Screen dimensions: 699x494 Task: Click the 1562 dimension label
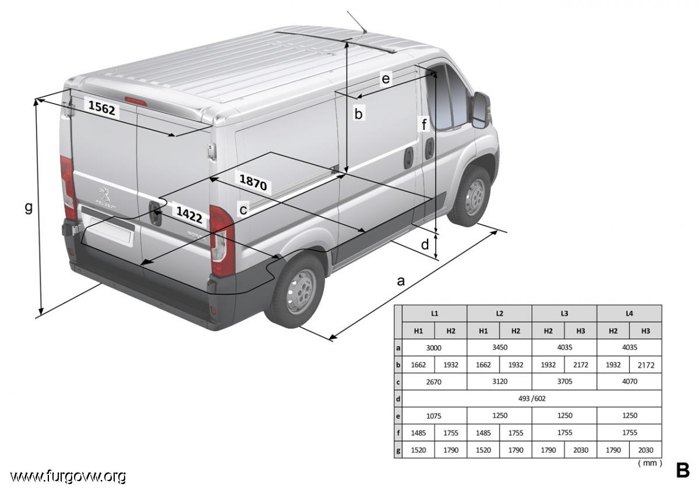102,107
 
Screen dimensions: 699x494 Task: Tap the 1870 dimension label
253,182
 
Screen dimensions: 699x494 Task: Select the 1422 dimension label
189,214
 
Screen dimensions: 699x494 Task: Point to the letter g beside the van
29,207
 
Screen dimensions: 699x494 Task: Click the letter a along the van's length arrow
401,281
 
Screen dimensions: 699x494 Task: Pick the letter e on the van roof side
386,79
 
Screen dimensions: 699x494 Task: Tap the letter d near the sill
425,244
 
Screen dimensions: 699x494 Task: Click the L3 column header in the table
564,313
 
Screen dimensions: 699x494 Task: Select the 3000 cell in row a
434,348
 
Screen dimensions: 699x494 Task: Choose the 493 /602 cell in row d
532,398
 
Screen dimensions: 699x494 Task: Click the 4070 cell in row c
630,382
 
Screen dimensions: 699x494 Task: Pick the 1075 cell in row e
434,416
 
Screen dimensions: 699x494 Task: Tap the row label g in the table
398,450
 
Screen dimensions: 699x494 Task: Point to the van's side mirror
481,110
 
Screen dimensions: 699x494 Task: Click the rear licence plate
111,230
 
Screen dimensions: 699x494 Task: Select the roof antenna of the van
357,22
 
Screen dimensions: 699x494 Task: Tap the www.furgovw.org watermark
68,476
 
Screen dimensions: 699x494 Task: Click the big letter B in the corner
683,470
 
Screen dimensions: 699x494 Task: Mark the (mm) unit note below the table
650,463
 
